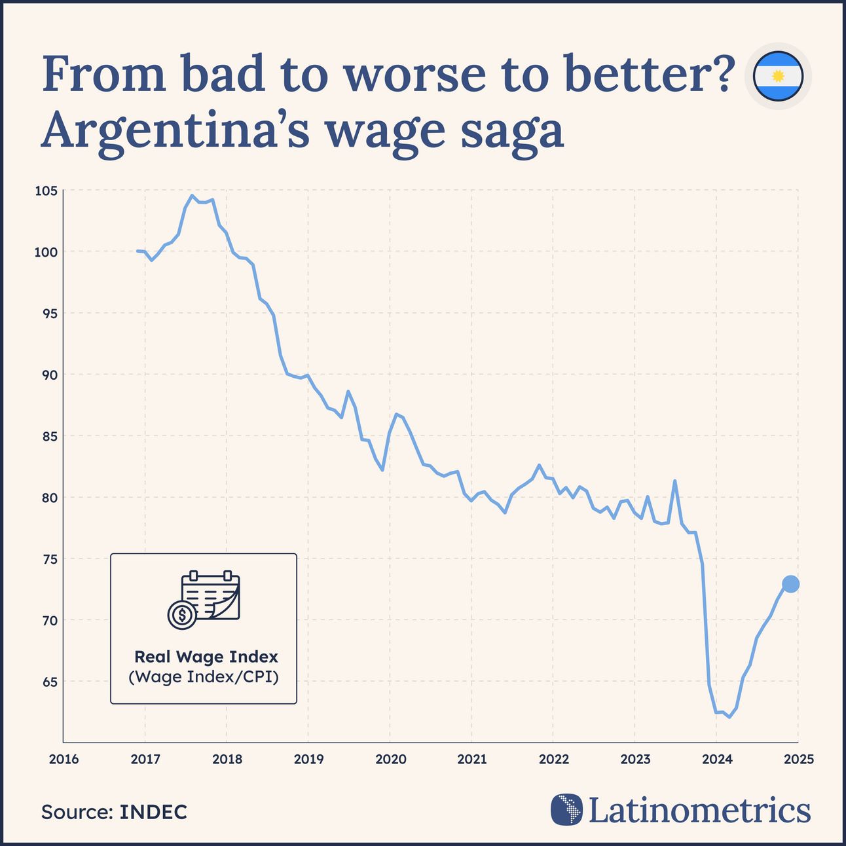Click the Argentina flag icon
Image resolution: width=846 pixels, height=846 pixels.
(778, 77)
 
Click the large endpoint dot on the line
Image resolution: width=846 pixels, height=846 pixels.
(790, 584)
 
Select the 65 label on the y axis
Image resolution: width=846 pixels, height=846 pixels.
(50, 682)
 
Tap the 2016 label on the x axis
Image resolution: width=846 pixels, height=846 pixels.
(64, 760)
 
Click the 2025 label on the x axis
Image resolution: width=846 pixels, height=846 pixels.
(798, 760)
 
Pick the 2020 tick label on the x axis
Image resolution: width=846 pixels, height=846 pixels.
(390, 760)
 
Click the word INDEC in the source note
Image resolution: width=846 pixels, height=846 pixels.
(153, 812)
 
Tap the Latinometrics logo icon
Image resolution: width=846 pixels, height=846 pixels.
(566, 809)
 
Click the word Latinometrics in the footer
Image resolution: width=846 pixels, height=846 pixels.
(699, 810)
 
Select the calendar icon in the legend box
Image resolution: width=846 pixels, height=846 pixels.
(211, 595)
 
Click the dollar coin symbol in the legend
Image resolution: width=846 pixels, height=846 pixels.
(181, 616)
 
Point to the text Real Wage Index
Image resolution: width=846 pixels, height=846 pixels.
(206, 657)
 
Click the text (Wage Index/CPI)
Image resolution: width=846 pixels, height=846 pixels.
(204, 676)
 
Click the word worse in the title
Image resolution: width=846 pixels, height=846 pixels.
(414, 74)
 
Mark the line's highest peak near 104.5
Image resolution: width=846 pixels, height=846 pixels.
(192, 195)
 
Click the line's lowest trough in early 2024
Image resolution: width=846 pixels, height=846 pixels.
(729, 717)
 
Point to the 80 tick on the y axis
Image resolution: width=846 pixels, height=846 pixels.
(50, 498)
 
